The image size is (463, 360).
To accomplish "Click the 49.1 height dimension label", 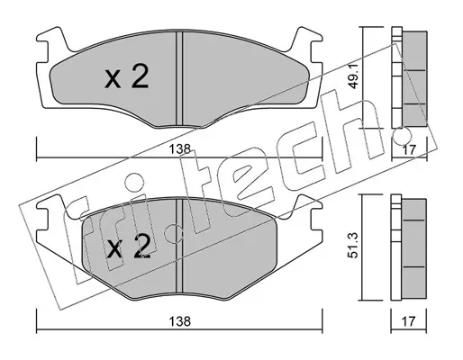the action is pyautogui.click(x=354, y=77).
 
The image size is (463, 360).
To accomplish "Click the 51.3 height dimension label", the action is pyautogui.click(x=354, y=247).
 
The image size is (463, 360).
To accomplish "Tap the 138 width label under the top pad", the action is pyautogui.click(x=180, y=149).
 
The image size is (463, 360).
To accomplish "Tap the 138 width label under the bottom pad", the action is pyautogui.click(x=180, y=321).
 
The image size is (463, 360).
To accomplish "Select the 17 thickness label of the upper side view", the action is pyautogui.click(x=409, y=149).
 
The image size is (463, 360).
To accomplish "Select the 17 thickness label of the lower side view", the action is pyautogui.click(x=409, y=321).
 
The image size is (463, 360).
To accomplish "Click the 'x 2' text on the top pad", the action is pyautogui.click(x=127, y=77).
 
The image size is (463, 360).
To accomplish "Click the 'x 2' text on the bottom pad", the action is pyautogui.click(x=129, y=247).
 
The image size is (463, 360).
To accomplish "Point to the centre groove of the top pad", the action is pyautogui.click(x=179, y=78).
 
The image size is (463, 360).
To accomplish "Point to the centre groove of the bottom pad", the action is pyautogui.click(x=179, y=246).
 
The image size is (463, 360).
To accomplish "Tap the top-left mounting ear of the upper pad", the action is pyautogui.click(x=51, y=39).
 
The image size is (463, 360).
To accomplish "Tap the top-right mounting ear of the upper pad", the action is pyautogui.click(x=307, y=39).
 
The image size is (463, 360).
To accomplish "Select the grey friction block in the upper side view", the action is pyautogui.click(x=414, y=78).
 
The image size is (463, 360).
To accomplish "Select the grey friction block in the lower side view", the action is pyautogui.click(x=414, y=249).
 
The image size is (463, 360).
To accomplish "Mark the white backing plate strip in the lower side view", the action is pyautogui.click(x=396, y=247).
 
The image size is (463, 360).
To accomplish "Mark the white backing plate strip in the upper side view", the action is pyautogui.click(x=396, y=77).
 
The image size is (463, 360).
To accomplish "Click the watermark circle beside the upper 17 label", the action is pyautogui.click(x=402, y=136).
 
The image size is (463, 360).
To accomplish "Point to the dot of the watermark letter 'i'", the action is pyautogui.click(x=133, y=183).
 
